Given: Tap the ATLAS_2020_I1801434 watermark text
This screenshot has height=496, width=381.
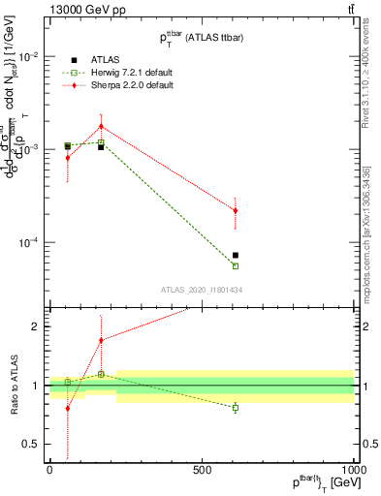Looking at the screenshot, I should click(201, 290).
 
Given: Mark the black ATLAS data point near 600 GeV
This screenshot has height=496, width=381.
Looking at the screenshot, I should click(236, 256).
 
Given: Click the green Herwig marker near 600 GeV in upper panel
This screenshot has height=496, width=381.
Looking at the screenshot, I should click(236, 265).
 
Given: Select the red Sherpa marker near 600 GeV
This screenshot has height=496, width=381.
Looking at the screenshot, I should click(236, 210).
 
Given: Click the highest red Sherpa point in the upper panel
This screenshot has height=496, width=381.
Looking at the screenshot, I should click(101, 126).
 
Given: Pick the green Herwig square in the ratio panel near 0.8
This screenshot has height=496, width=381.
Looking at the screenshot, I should click(236, 408).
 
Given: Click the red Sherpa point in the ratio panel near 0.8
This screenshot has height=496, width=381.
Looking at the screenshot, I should click(68, 408).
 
